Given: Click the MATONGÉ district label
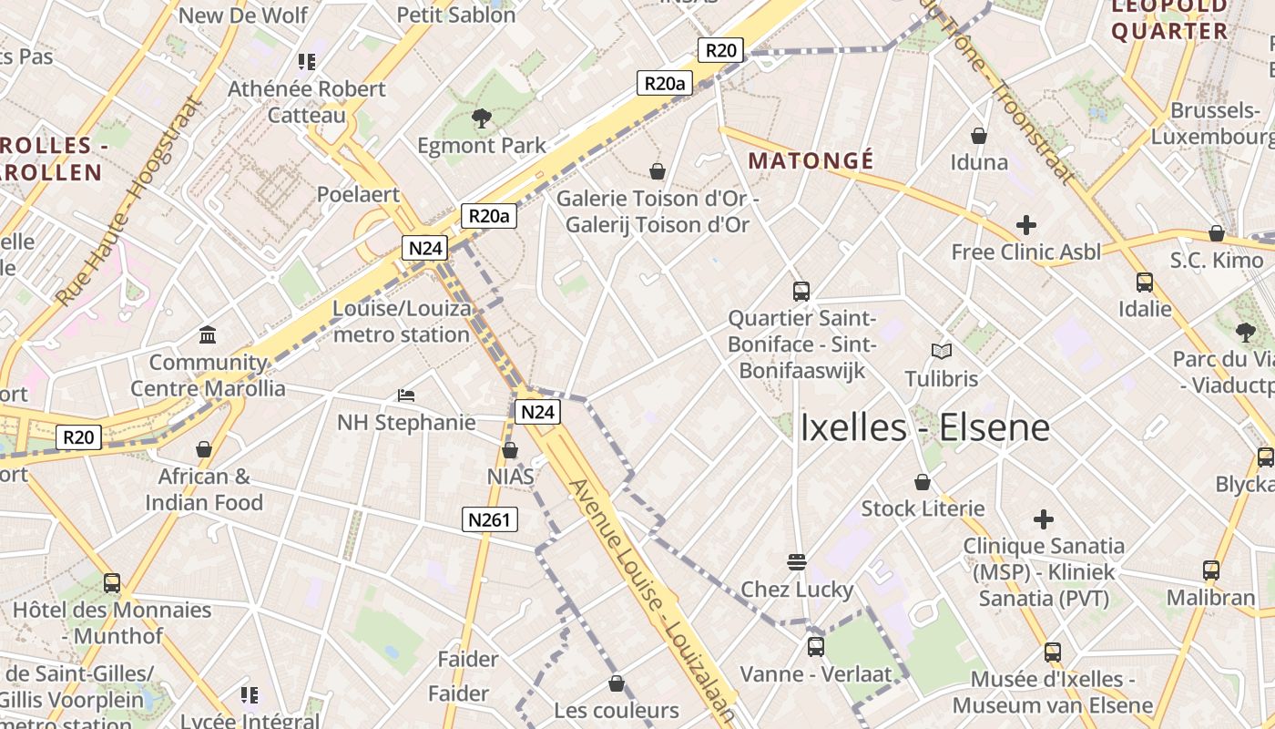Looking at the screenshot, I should (x=811, y=161).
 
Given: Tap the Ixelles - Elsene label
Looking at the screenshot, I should (x=924, y=427).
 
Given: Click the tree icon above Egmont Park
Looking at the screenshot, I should (x=481, y=118).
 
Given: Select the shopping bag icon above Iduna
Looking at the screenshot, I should (x=979, y=136).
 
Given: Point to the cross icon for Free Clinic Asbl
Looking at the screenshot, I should (x=1026, y=224).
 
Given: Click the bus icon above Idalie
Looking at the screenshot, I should (x=1145, y=282).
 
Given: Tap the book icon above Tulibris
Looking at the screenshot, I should (x=941, y=351).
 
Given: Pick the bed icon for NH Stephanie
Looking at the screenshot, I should (x=406, y=395).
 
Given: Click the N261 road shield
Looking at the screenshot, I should (x=490, y=520).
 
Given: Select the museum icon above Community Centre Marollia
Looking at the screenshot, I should (x=208, y=335).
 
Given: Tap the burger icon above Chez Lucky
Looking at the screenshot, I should (x=797, y=561).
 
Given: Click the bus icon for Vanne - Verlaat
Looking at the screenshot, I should (x=815, y=647).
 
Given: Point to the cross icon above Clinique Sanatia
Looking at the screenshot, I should (x=1044, y=519).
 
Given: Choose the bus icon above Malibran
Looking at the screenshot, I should (x=1211, y=570).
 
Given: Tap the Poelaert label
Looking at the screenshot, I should (x=358, y=194).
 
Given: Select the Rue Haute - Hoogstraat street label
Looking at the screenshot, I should (x=127, y=201).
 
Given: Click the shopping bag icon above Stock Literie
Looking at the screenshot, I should (x=923, y=482).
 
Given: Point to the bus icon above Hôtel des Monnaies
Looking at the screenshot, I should (x=112, y=582).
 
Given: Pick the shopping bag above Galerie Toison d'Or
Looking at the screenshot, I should (x=657, y=171).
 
